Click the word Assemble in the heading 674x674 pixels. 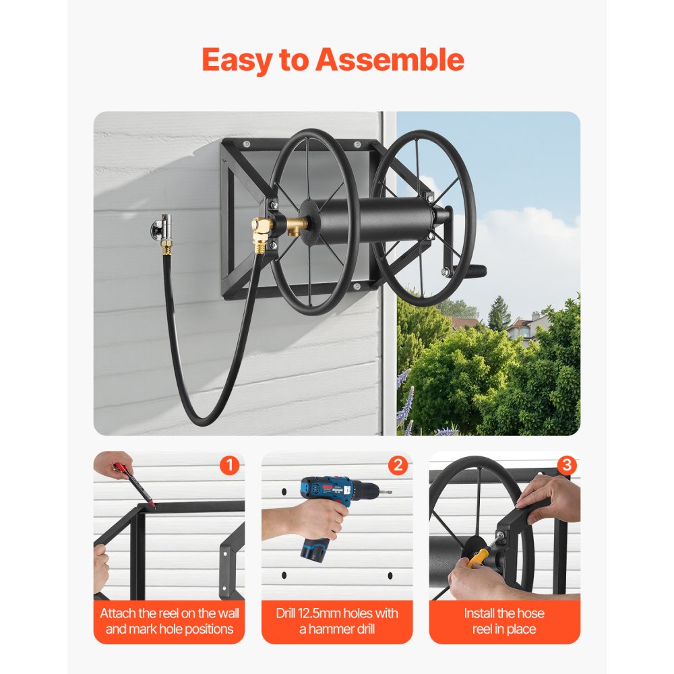(x=390, y=60)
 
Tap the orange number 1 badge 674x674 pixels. (x=229, y=465)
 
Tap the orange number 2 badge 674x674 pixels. (x=398, y=465)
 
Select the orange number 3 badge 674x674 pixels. (x=566, y=465)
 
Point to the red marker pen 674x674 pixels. (x=135, y=480)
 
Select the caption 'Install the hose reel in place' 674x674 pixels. (x=504, y=621)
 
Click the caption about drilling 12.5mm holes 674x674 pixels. (x=337, y=621)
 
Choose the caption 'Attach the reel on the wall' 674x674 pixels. (x=169, y=621)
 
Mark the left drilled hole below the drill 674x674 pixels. (x=284, y=575)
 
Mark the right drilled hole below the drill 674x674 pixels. (x=390, y=575)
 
